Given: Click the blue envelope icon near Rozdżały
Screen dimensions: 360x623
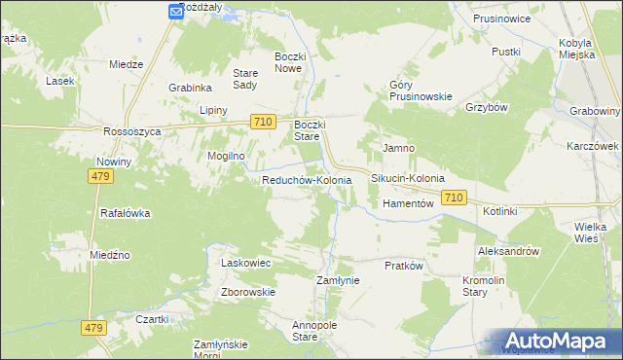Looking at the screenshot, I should tap(175, 11).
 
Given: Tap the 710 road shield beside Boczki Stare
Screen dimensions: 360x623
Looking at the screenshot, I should tap(260, 122).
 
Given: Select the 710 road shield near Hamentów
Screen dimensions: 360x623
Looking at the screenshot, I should tap(453, 198).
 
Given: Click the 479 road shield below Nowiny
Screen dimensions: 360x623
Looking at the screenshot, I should tap(100, 176).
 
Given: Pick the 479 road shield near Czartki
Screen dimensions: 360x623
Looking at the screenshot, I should tap(92, 329).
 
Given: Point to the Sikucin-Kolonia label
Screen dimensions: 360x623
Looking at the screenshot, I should tap(408, 179).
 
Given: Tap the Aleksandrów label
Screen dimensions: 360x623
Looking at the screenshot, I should tap(508, 251).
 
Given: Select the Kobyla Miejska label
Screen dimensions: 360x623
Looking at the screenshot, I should tap(584, 49).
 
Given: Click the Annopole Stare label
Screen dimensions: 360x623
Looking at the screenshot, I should tap(307, 331).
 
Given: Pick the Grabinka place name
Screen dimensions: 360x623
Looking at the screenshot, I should tap(190, 86).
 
